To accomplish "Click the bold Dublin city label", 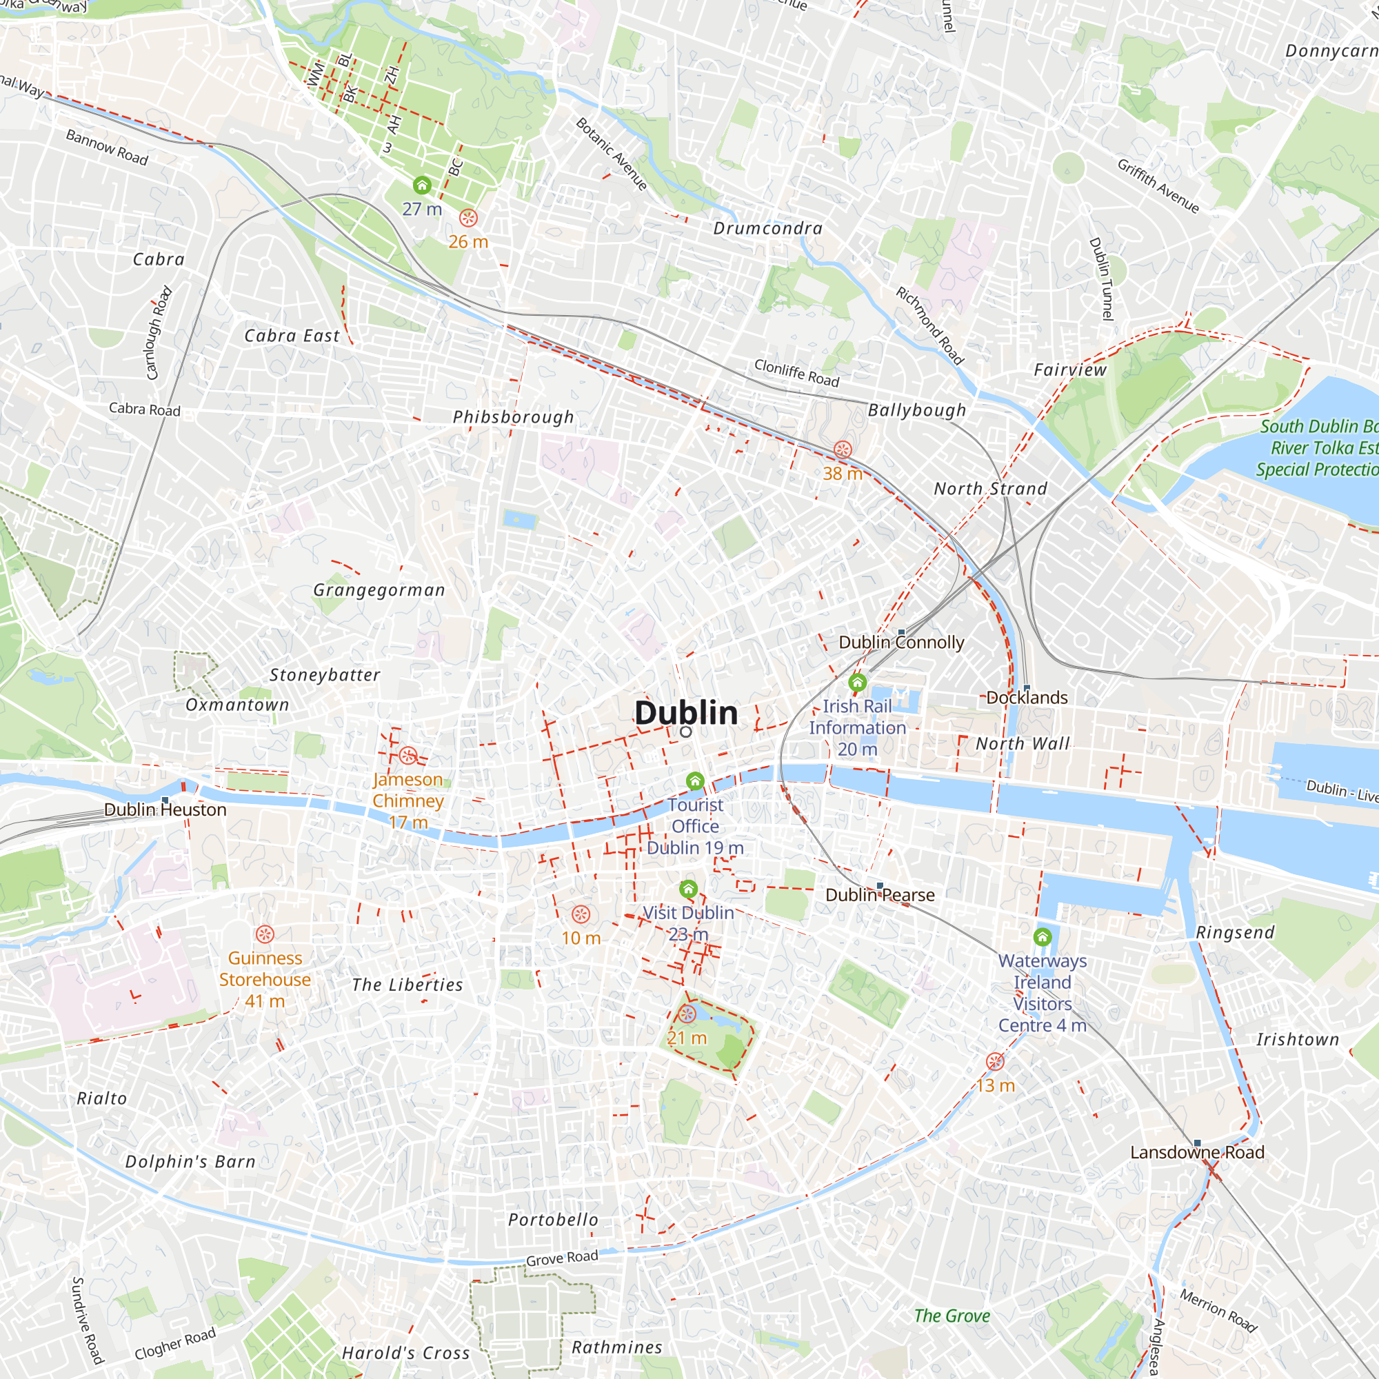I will (x=686, y=713).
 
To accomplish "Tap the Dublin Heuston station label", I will (x=165, y=809).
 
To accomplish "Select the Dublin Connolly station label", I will (x=900, y=643).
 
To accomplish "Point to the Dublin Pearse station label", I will (x=879, y=895).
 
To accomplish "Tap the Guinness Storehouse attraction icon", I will (x=265, y=934).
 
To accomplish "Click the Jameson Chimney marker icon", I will (x=407, y=756).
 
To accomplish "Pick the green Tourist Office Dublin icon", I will (x=695, y=782).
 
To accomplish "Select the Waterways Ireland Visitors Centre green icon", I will (x=1042, y=937).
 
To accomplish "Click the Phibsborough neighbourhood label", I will (x=513, y=417).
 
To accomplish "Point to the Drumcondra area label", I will (x=768, y=228).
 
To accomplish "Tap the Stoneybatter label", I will (x=325, y=675).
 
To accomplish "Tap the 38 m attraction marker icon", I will (x=843, y=450).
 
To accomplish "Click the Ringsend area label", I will (x=1235, y=933).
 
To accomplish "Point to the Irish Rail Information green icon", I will (x=857, y=683).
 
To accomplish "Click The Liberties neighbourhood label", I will (x=407, y=985).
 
